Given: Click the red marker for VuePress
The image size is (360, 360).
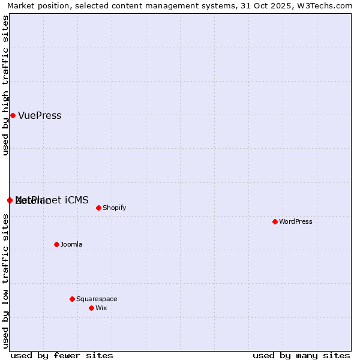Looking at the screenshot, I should [13, 115].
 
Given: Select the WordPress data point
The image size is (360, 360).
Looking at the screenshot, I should [275, 221].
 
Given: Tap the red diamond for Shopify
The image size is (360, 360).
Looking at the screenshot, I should [98, 208].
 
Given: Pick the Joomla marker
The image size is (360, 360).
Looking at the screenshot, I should [56, 244].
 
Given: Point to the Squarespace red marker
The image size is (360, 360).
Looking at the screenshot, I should [72, 299].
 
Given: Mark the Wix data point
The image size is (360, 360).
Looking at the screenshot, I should [91, 308].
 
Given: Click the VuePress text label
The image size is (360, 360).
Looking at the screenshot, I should [40, 116].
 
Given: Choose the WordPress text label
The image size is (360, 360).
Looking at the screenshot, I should [296, 222].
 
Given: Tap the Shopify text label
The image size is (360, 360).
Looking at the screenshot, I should [114, 208].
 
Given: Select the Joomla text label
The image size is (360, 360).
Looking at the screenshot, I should [71, 245].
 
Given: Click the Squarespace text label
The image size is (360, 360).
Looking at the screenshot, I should [97, 299].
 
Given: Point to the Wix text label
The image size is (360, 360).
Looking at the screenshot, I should [101, 308].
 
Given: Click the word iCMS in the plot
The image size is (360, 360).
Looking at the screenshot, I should [76, 200].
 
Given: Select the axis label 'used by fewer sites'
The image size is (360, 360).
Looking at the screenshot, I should [62, 355].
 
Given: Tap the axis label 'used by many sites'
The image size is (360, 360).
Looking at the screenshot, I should [301, 355].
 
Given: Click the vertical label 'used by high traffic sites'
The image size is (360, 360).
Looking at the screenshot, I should [6, 85].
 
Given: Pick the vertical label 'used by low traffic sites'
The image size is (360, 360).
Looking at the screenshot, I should [6, 280].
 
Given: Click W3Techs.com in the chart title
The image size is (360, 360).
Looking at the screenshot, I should [328, 6].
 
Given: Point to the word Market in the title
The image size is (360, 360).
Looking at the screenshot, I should [22, 6].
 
